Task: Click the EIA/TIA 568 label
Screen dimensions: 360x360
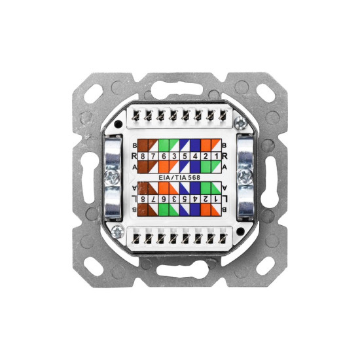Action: (x=179, y=177)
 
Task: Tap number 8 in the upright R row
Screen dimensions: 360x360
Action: (x=143, y=156)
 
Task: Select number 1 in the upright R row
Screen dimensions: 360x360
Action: (x=216, y=156)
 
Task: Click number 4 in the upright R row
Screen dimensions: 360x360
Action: (x=196, y=156)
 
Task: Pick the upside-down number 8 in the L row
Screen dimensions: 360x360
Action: (x=143, y=199)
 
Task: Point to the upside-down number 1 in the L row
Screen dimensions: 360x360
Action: (x=216, y=199)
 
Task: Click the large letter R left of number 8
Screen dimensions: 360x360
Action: (x=134, y=156)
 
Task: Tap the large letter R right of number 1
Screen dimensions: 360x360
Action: (x=225, y=156)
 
